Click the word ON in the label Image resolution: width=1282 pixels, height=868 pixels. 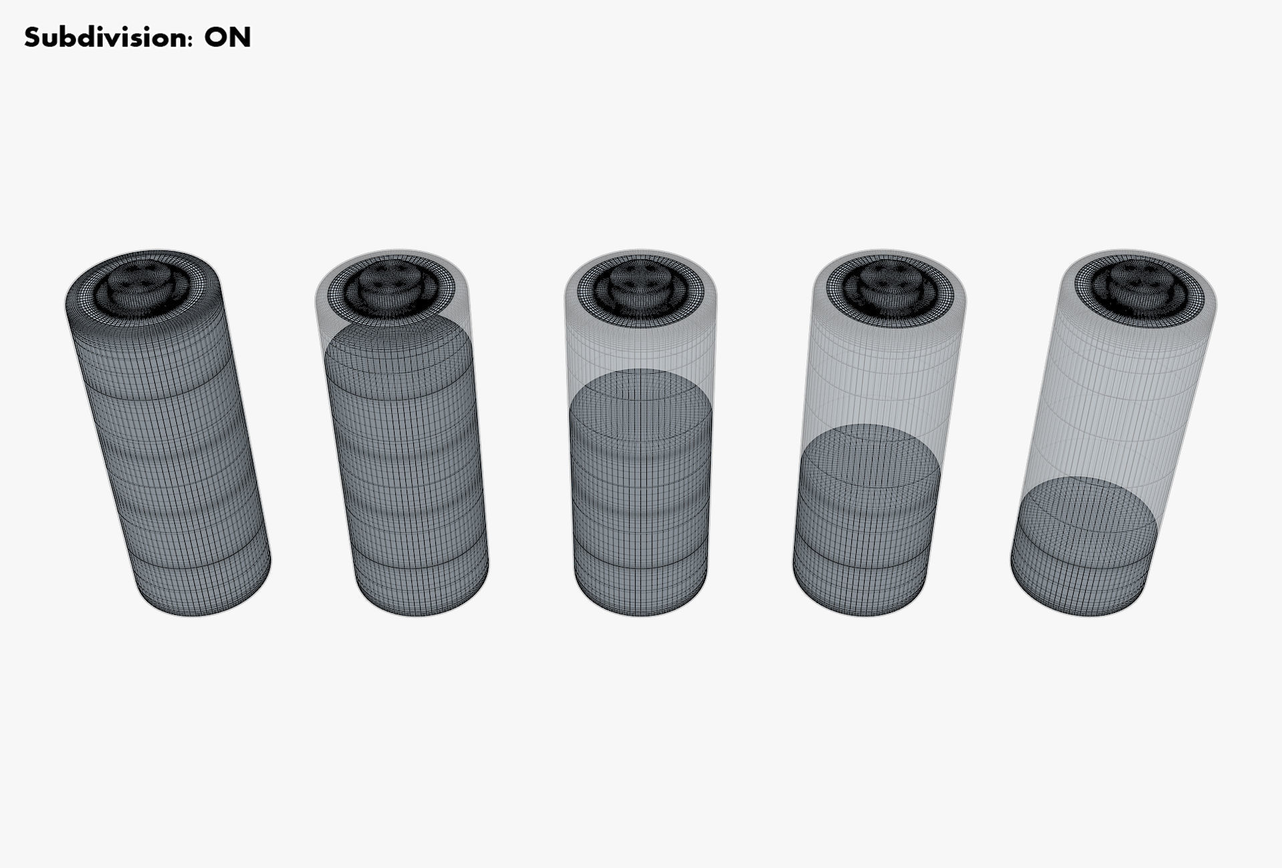click(x=228, y=37)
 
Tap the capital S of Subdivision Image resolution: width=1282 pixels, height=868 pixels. click(x=32, y=37)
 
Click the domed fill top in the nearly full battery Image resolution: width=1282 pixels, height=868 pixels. click(x=399, y=347)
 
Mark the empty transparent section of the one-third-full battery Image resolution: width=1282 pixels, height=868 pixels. click(x=881, y=374)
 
